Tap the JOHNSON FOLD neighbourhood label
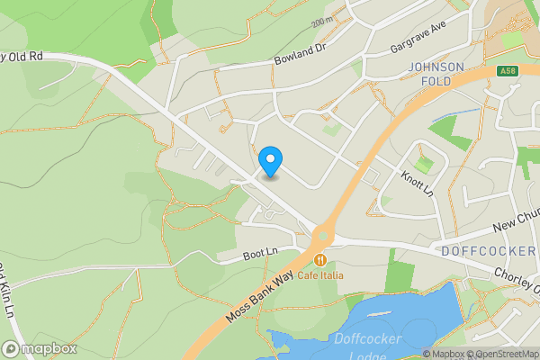436,74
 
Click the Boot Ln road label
256,256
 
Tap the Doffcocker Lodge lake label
361,346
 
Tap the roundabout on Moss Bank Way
321,237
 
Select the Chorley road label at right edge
516,273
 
